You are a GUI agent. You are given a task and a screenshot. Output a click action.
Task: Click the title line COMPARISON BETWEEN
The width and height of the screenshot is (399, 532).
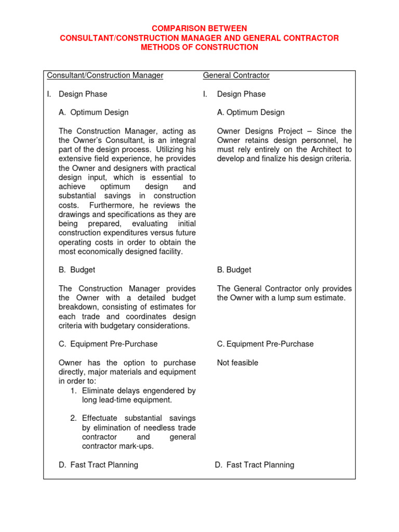click(199, 29)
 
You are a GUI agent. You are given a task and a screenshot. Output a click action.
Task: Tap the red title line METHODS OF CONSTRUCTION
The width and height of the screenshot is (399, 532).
click(199, 47)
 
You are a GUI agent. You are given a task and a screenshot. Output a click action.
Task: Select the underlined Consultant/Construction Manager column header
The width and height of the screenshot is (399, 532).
click(105, 75)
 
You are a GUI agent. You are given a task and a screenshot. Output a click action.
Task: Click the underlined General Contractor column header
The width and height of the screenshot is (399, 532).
click(236, 75)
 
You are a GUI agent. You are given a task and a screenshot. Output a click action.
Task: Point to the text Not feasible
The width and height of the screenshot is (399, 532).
click(237, 363)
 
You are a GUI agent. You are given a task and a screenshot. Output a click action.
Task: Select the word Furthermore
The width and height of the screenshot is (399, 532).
click(112, 205)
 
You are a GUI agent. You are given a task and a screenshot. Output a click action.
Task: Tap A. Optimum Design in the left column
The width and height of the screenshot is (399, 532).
click(94, 112)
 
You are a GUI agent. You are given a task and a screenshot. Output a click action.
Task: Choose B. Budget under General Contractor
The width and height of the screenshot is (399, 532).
click(234, 270)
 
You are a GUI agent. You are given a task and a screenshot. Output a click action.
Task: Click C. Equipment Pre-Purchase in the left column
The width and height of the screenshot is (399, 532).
click(108, 344)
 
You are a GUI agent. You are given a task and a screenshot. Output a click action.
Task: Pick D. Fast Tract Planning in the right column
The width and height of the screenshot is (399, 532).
click(255, 465)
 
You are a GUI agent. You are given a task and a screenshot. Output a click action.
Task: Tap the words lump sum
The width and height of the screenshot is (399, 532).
click(296, 298)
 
